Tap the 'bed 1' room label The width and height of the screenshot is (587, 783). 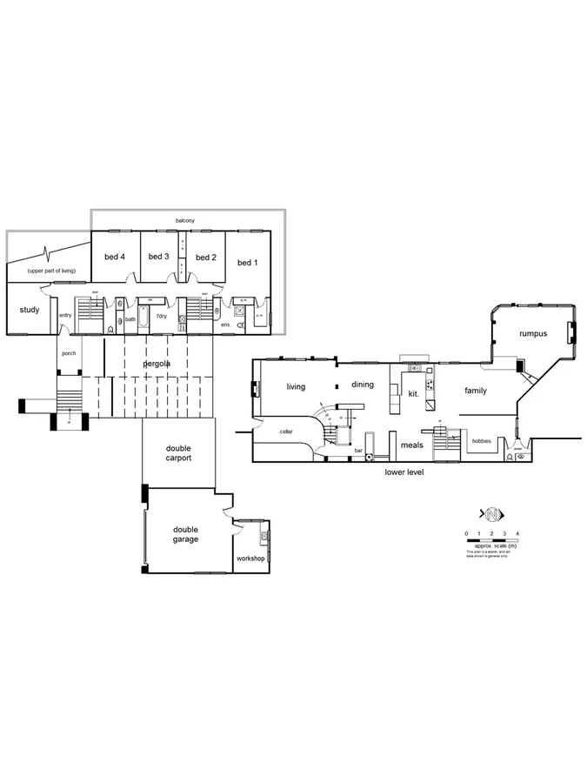[248, 263]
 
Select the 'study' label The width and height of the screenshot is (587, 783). [30, 309]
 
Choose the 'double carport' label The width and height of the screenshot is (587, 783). [178, 453]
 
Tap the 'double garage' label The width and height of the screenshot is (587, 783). [185, 534]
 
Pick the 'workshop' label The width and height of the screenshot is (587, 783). [250, 559]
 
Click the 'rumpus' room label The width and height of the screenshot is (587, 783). [533, 334]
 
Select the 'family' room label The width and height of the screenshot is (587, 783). [475, 391]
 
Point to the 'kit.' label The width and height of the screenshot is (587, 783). [413, 394]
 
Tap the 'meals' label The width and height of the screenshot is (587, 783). [411, 445]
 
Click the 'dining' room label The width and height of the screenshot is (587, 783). [363, 385]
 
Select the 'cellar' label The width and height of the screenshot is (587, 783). [286, 432]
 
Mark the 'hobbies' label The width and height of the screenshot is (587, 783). [481, 441]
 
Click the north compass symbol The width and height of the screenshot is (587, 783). [491, 512]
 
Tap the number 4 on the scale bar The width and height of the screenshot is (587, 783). [518, 532]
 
